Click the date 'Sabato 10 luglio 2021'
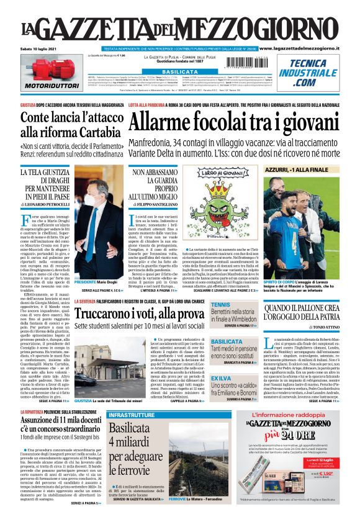39,48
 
